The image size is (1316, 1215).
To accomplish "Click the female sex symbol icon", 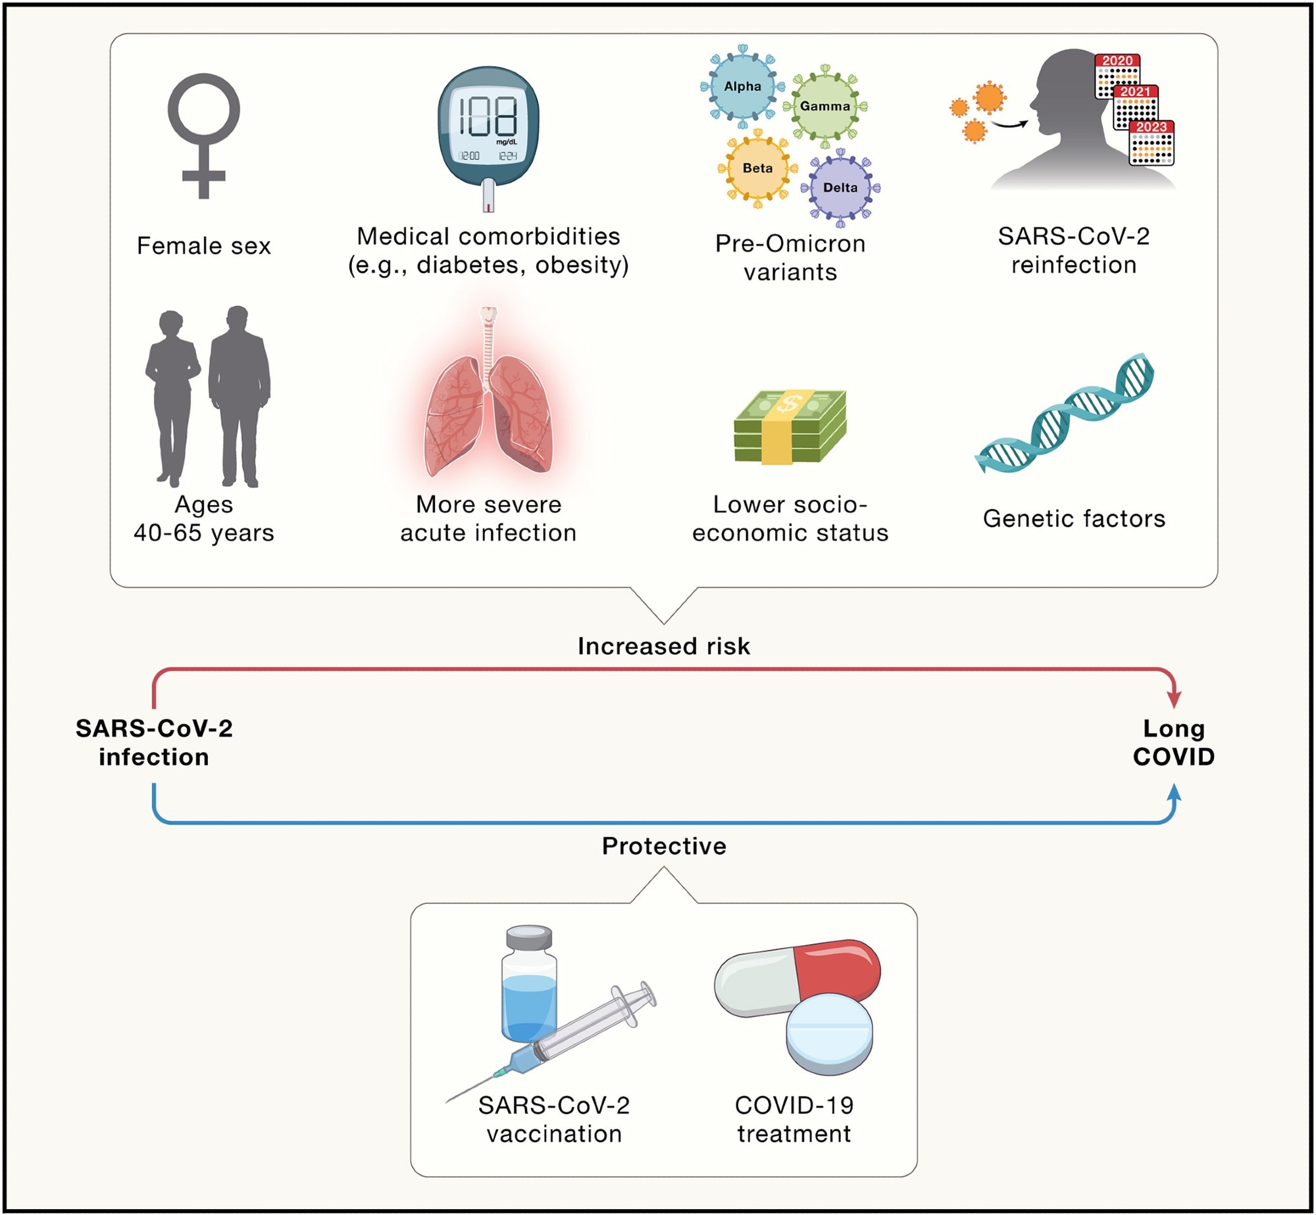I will (203, 135).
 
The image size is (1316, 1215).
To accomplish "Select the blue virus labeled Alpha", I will (743, 87).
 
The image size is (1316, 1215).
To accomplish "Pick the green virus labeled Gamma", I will (825, 106).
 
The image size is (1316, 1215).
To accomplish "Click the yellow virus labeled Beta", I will (757, 168).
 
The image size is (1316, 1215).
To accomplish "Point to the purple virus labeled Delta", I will (840, 187).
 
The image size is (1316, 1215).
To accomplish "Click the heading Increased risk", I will (663, 646).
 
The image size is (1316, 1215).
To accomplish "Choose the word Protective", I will (664, 846).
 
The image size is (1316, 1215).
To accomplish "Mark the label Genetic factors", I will (1074, 518).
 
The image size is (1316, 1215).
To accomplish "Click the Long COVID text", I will (1174, 743).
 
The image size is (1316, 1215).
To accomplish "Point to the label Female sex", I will (203, 246).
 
